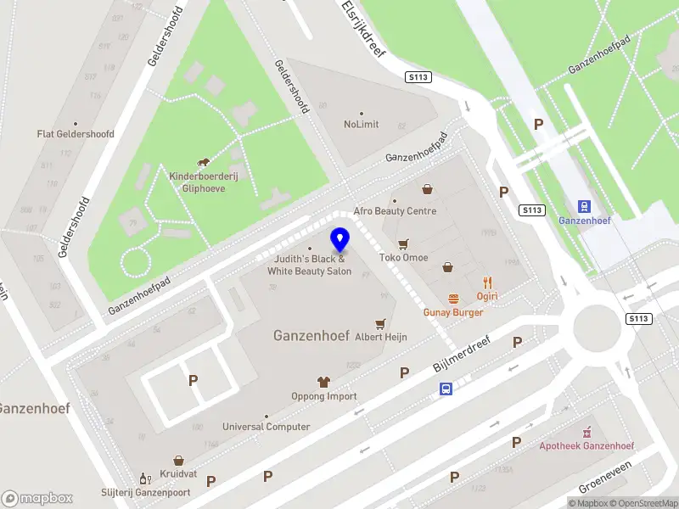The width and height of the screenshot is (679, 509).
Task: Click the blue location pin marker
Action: pyautogui.click(x=339, y=239)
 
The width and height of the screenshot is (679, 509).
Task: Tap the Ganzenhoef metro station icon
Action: pyautogui.click(x=584, y=206)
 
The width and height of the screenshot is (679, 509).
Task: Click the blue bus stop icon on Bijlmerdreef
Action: pyautogui.click(x=446, y=389)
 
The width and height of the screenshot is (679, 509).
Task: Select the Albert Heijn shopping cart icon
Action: pyautogui.click(x=380, y=323)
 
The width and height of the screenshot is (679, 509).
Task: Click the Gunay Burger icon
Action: pyautogui.click(x=453, y=299)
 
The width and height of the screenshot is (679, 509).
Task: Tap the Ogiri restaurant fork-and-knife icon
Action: pyautogui.click(x=487, y=282)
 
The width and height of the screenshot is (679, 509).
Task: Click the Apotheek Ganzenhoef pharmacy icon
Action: pyautogui.click(x=586, y=432)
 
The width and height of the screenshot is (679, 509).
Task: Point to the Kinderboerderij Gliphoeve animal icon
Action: pyautogui.click(x=204, y=162)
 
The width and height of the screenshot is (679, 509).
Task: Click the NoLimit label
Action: pyautogui.click(x=361, y=124)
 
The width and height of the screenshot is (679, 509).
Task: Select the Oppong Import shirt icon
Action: pyautogui.click(x=323, y=382)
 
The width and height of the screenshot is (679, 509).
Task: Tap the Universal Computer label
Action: pyautogui.click(x=266, y=427)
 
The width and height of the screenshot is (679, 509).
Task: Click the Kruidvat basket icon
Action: pyautogui.click(x=178, y=460)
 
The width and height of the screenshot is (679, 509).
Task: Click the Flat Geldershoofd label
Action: pyautogui.click(x=76, y=134)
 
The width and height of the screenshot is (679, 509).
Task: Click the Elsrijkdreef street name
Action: pyautogui.click(x=363, y=28)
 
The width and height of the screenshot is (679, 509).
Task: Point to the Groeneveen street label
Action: pyautogui.click(x=606, y=479)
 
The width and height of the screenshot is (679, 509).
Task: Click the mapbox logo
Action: pyautogui.click(x=37, y=498)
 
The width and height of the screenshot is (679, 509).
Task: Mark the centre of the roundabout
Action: pyautogui.click(x=602, y=328)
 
